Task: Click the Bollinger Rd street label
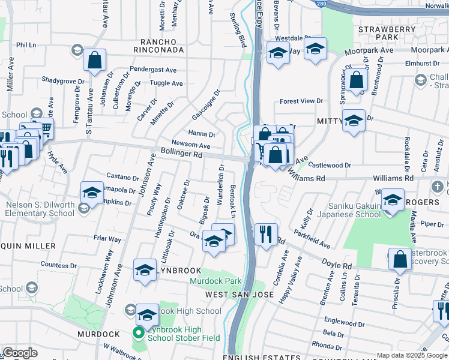click(181, 154)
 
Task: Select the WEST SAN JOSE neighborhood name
click(240, 295)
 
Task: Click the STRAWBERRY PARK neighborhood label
click(387, 33)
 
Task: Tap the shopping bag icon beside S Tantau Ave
click(95, 60)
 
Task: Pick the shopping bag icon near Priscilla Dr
click(400, 259)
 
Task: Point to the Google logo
click(20, 353)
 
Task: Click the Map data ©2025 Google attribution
click(411, 355)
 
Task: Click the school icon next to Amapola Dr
click(92, 193)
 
